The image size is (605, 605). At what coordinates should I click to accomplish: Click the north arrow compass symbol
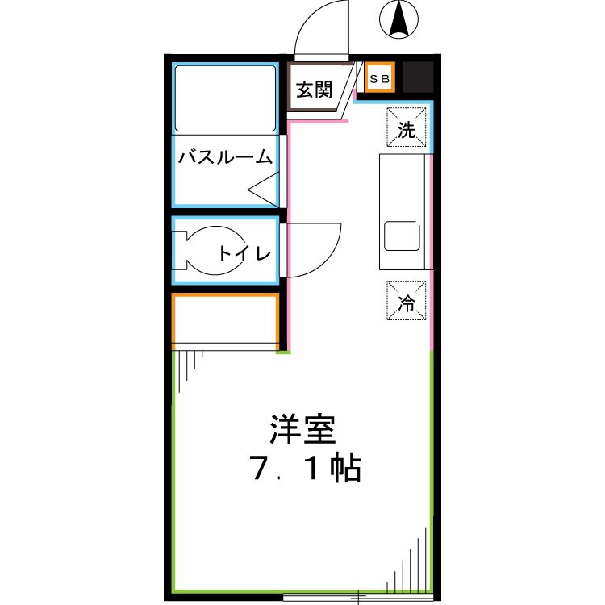pyautogui.click(x=397, y=19)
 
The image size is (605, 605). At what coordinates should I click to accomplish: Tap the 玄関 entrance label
pyautogui.click(x=313, y=90)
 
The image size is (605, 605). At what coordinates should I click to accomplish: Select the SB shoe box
pyautogui.click(x=379, y=78)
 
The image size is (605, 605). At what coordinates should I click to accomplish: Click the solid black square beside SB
pyautogui.click(x=418, y=78)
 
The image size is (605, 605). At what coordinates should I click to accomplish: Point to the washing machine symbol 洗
pyautogui.click(x=408, y=129)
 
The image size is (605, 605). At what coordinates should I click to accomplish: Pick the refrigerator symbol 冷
pyautogui.click(x=407, y=300)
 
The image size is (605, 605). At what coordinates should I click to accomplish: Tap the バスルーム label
pyautogui.click(x=226, y=156)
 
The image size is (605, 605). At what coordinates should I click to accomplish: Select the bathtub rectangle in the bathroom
pyautogui.click(x=225, y=98)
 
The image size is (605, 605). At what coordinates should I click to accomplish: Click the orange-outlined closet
pyautogui.click(x=226, y=320)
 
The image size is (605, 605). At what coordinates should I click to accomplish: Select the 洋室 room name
pyautogui.click(x=302, y=430)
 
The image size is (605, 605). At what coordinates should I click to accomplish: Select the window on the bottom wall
pyautogui.click(x=359, y=597)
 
